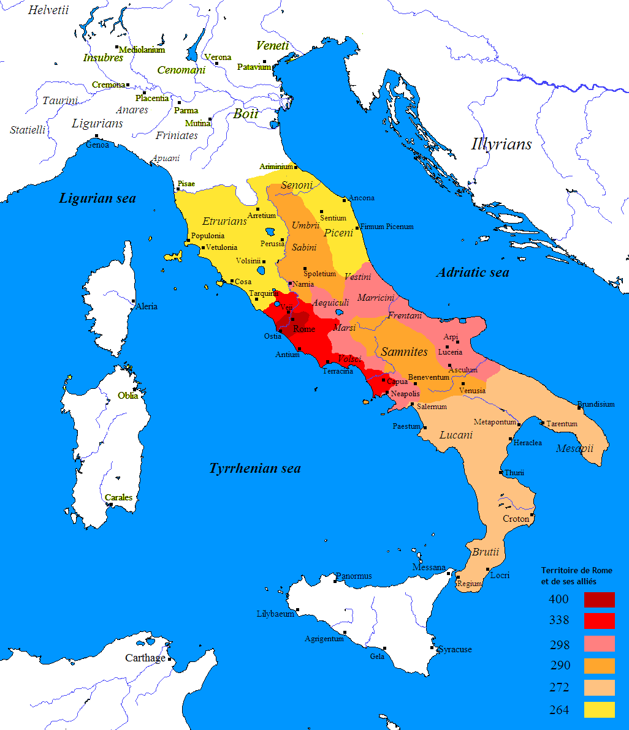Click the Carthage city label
pos(145,658)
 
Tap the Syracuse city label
pos(454,649)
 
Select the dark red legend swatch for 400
pos(599,600)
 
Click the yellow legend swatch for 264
pos(599,710)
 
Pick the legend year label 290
pos(559,666)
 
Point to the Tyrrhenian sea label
pos(255,468)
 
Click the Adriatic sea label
pos(472,273)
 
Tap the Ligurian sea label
pos(97,198)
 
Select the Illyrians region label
pos(501,145)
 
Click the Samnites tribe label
pos(404,352)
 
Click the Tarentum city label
pos(562,424)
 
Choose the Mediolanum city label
pos(142,50)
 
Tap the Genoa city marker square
pos(96,136)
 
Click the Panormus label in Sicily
pos(354,576)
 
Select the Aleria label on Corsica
pos(146,306)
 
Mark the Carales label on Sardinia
pos(118,497)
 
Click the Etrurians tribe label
pos(224,221)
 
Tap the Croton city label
pos(516,519)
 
